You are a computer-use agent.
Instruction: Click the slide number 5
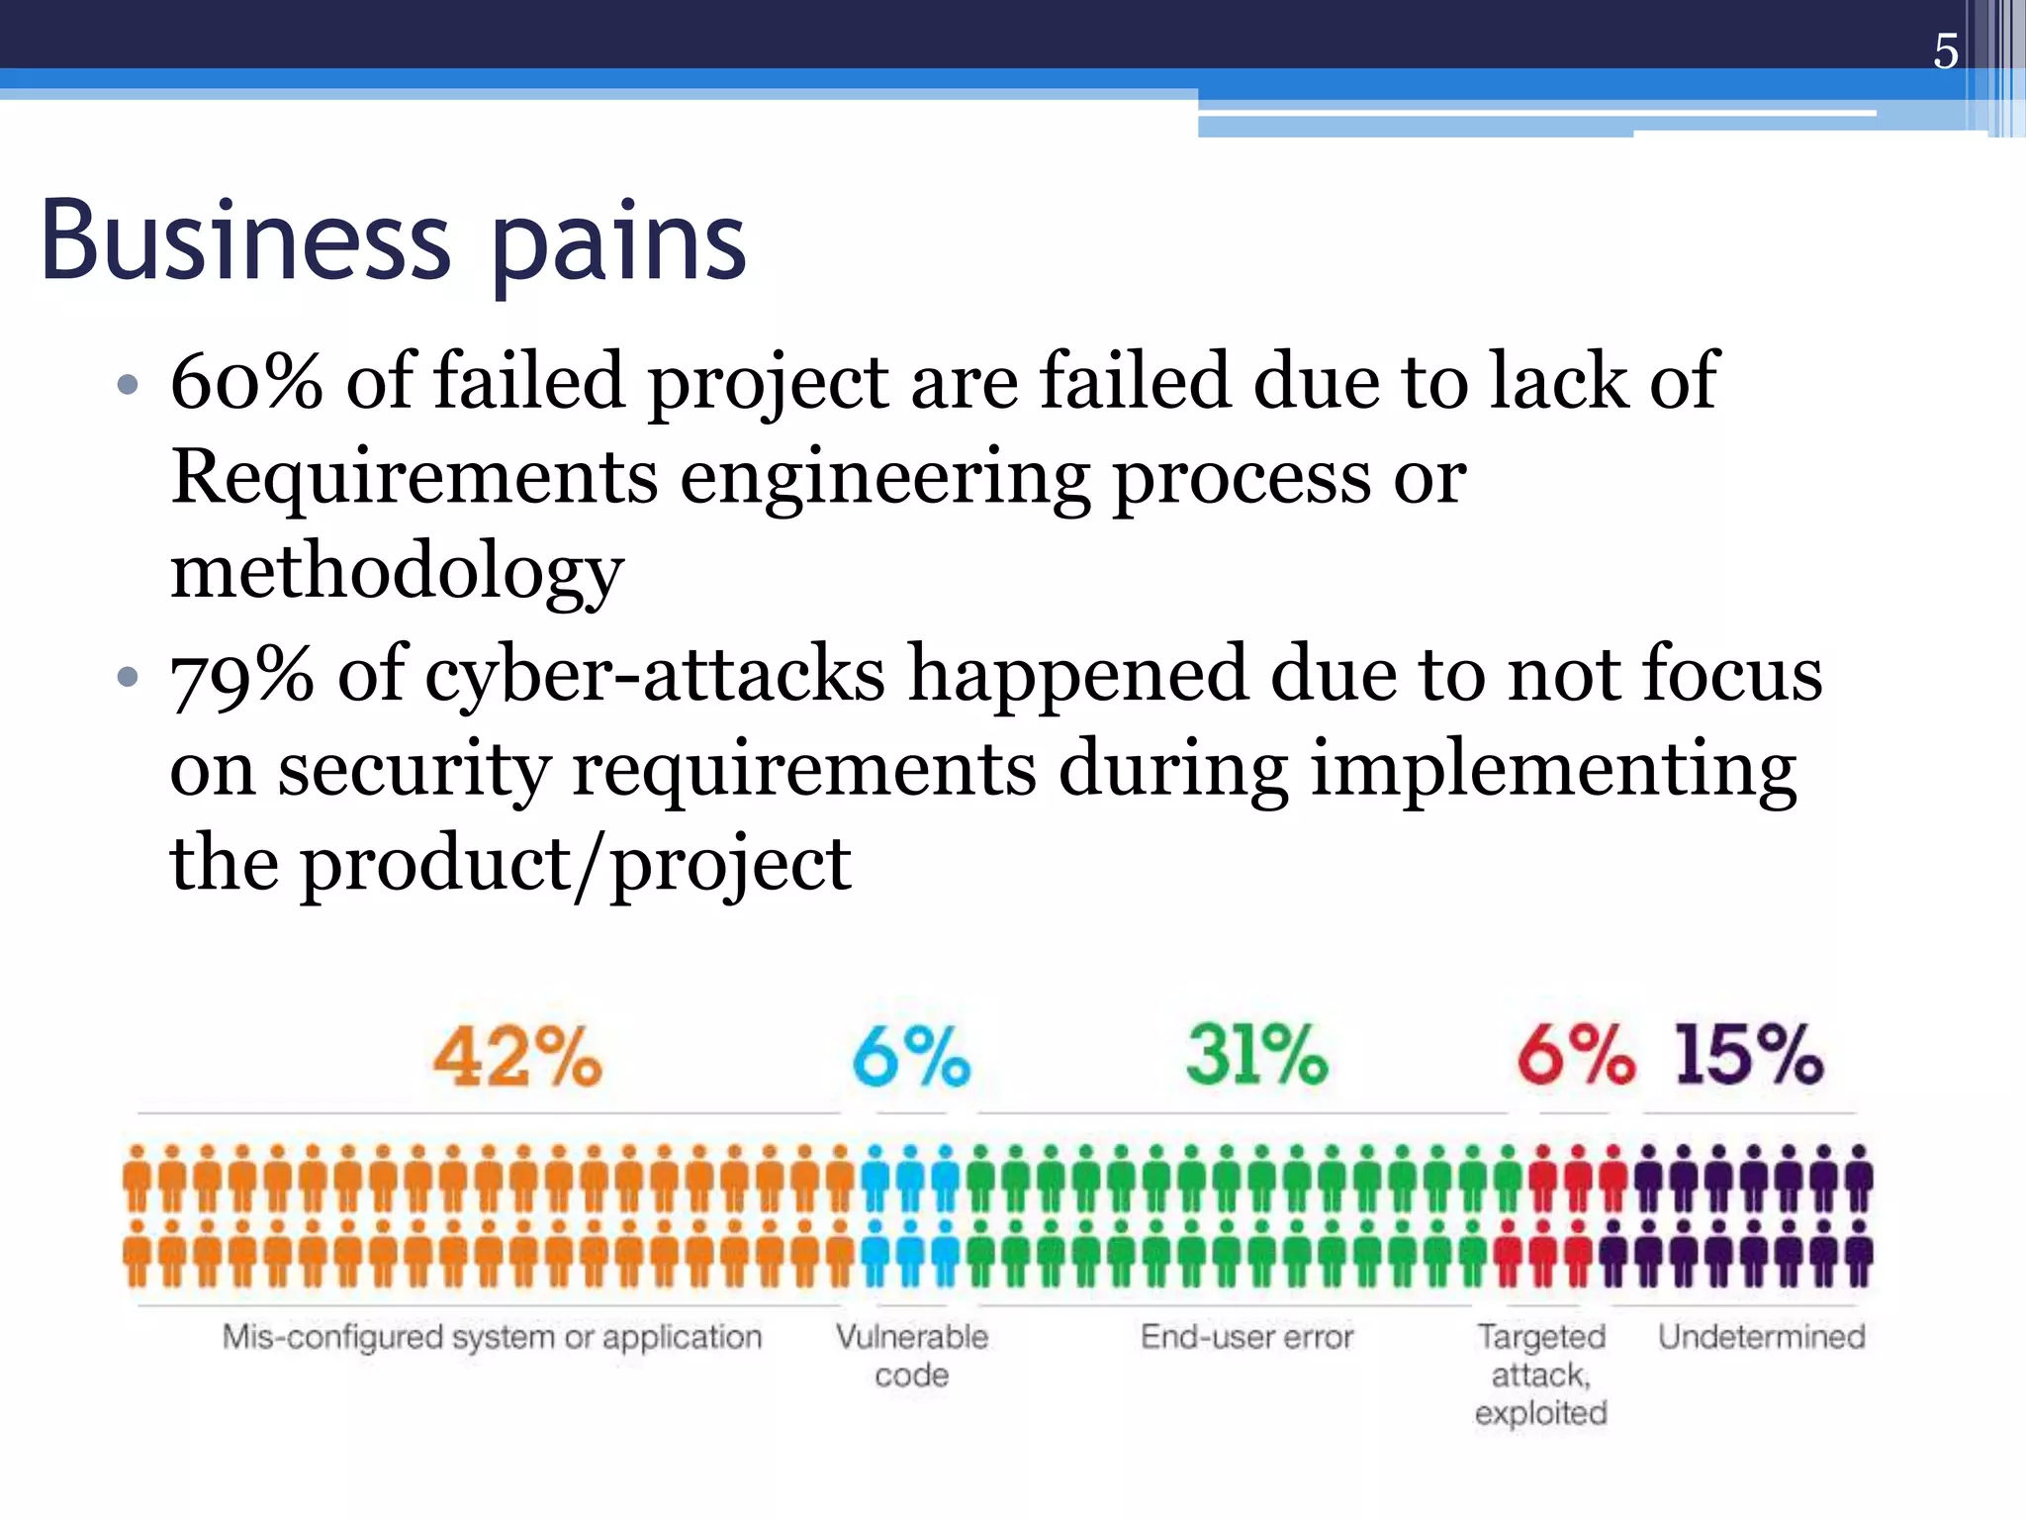coord(1945,51)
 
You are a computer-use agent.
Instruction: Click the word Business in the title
coord(245,240)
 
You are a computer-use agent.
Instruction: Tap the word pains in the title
coord(618,244)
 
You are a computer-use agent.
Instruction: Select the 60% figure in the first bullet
coord(246,381)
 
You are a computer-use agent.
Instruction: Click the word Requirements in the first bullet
coord(414,477)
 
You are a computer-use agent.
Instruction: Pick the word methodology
coord(397,573)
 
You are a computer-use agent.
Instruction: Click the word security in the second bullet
coord(413,770)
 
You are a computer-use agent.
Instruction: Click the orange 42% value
coord(517,1057)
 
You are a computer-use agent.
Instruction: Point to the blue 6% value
coord(911,1057)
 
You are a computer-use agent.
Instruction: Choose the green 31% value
coord(1256,1055)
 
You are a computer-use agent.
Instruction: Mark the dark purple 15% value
coord(1748,1055)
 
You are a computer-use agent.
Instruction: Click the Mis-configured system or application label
coord(492,1337)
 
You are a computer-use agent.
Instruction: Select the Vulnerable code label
coord(911,1355)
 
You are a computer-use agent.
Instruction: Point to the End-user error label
coord(1246,1337)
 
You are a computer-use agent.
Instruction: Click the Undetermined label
coord(1761,1337)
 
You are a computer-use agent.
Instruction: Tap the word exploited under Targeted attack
coord(1540,1413)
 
